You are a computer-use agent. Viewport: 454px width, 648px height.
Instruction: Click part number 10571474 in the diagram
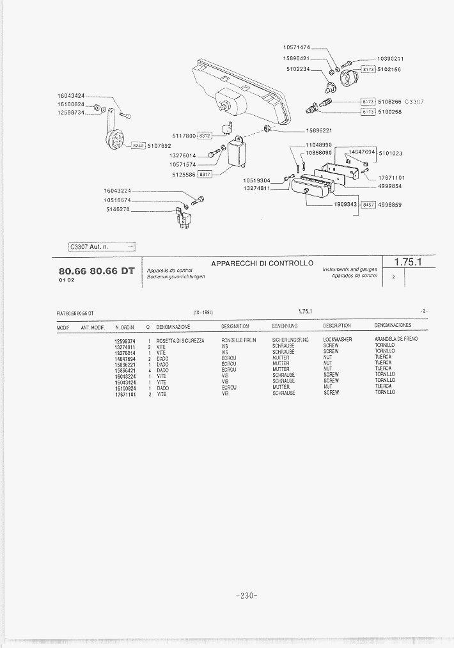(x=296, y=47)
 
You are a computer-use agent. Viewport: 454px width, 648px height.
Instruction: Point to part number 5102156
(x=389, y=69)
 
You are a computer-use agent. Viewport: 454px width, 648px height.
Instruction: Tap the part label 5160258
(x=389, y=112)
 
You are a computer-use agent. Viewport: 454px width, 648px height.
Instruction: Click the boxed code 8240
(x=138, y=146)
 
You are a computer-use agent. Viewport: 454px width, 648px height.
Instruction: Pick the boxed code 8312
(x=205, y=136)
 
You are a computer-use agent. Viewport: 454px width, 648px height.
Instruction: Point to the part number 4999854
(x=389, y=186)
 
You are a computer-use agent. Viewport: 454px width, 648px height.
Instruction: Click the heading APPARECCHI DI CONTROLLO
(x=262, y=263)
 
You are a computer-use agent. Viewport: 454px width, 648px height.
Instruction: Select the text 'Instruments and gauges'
(x=350, y=269)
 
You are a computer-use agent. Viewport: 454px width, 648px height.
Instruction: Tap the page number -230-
(x=246, y=596)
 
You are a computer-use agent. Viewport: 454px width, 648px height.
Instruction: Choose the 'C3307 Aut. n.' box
(x=102, y=247)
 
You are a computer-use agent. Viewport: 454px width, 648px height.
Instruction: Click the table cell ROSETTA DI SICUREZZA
(x=180, y=340)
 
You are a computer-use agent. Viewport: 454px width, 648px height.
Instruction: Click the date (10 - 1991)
(x=203, y=312)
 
